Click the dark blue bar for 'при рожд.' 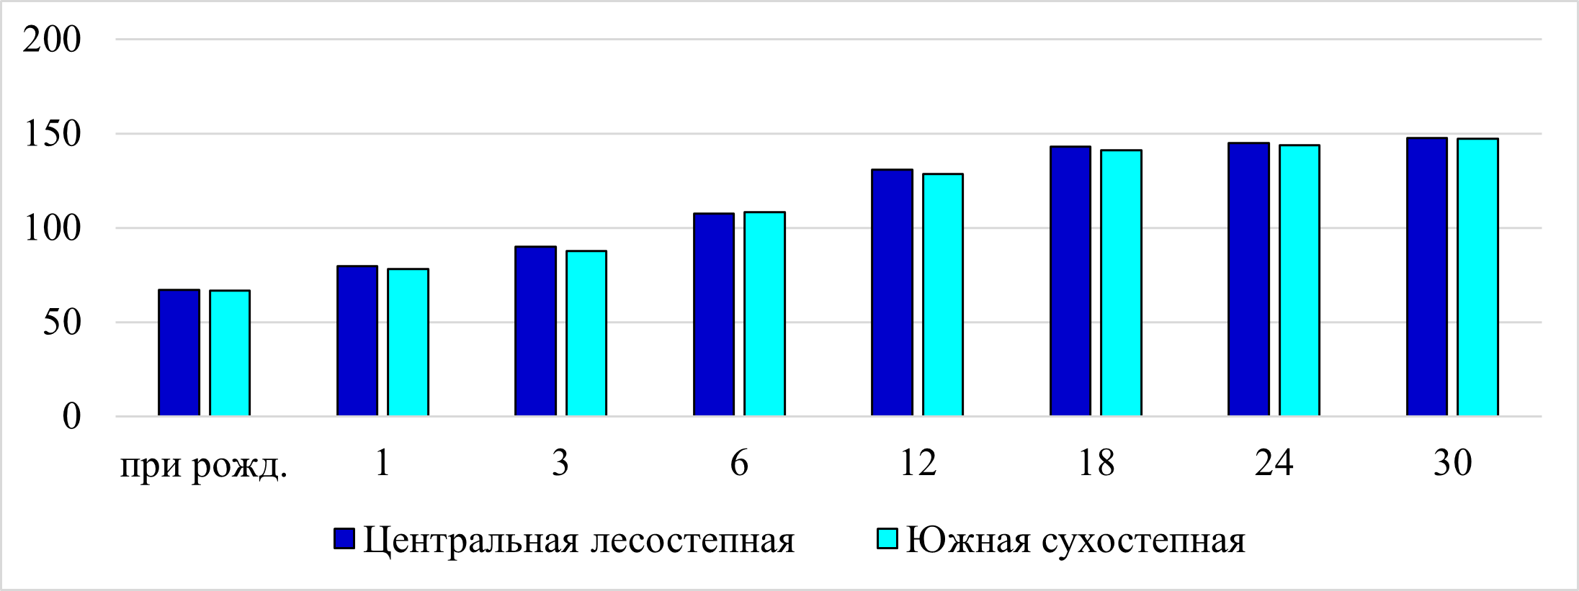(179, 353)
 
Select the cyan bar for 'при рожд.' (230, 353)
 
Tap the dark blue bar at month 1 (357, 341)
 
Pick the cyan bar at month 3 (586, 333)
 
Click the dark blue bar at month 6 (714, 315)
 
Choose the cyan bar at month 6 (765, 314)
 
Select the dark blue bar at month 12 (892, 293)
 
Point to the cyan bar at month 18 (1122, 283)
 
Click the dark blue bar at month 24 (1248, 279)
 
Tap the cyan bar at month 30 (1478, 277)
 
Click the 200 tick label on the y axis (52, 40)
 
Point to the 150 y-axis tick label (52, 134)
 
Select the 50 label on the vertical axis (61, 322)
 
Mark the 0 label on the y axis (71, 416)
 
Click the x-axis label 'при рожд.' (204, 464)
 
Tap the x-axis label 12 (918, 463)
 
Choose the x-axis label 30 (1452, 463)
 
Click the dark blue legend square (344, 538)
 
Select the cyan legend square (887, 538)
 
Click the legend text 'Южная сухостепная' (1075, 540)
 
